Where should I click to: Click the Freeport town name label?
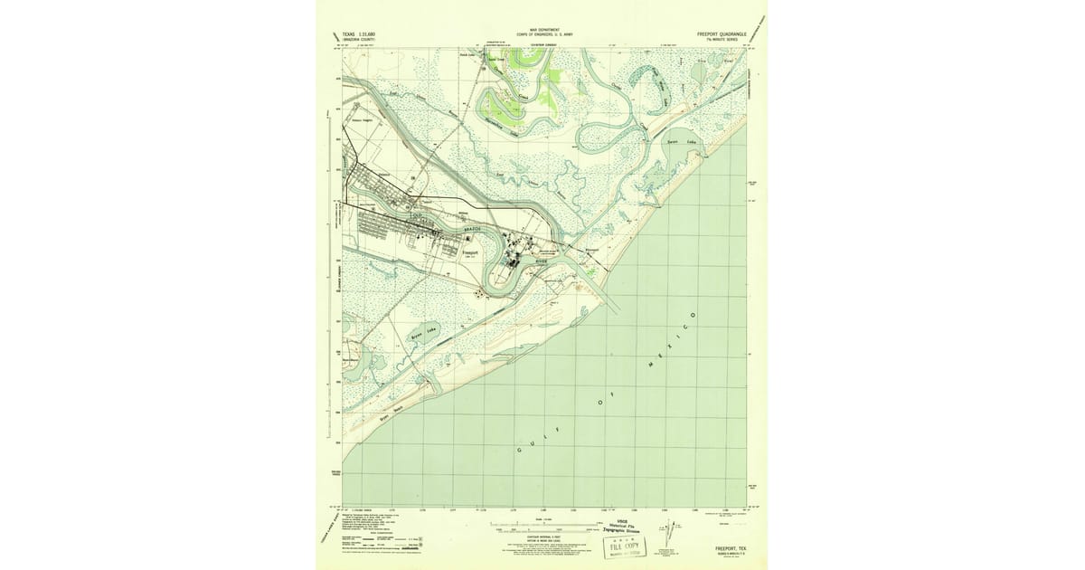(469, 253)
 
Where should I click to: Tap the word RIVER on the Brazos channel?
(541, 260)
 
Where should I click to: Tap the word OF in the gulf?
(603, 395)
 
